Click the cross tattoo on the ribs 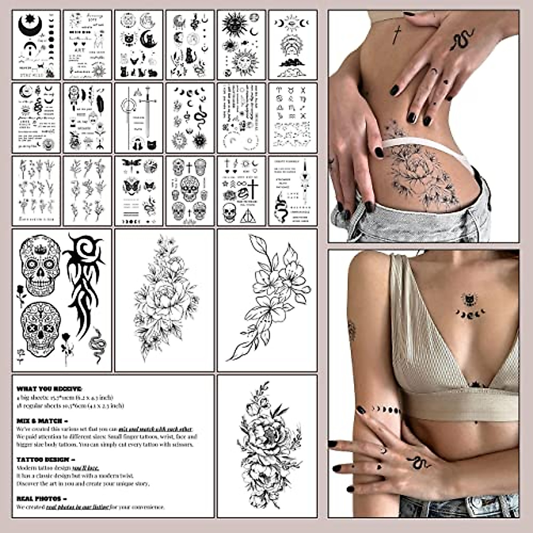coord(397,35)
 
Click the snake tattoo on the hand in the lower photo coord(417,462)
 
